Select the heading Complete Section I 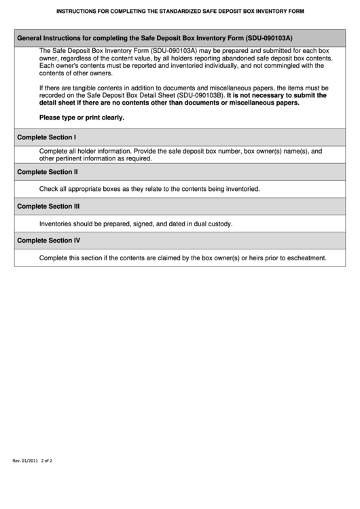tap(46, 137)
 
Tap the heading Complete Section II tap(47, 172)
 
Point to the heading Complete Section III tap(48, 206)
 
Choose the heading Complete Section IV tap(48, 241)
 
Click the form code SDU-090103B tap(200, 96)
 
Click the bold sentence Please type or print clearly tap(82, 118)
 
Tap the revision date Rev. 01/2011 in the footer tap(26, 461)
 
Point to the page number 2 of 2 tap(47, 461)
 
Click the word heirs tap(242, 258)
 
